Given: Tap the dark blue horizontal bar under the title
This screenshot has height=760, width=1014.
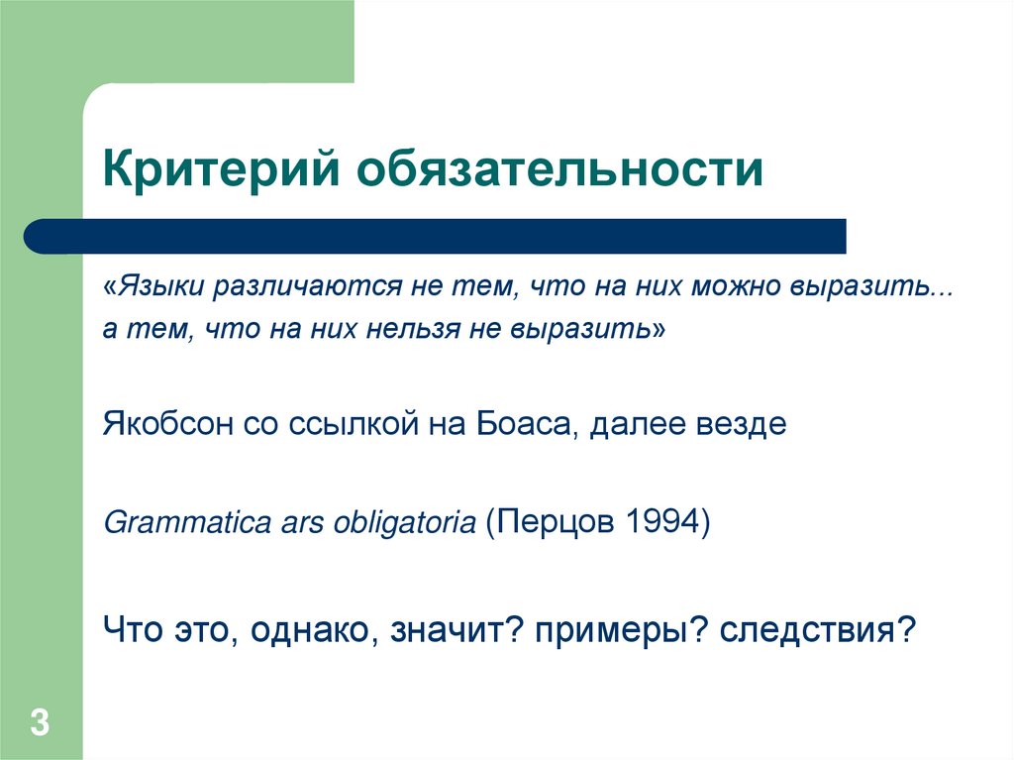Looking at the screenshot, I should coord(436,237).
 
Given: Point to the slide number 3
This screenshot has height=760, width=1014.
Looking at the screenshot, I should coord(40,722).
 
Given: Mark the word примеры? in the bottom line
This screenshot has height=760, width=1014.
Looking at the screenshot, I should coord(620,629).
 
